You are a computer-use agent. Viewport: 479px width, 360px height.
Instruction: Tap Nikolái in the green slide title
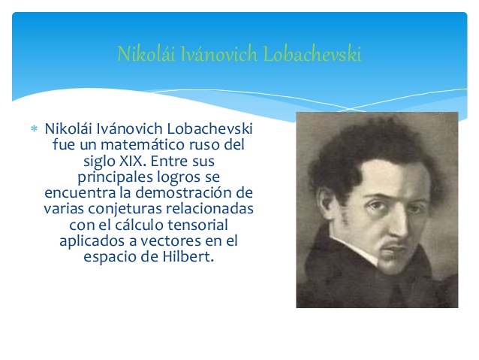[146, 54]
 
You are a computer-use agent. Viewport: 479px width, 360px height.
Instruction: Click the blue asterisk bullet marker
[34, 129]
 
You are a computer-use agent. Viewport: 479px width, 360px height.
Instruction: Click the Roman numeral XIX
[131, 161]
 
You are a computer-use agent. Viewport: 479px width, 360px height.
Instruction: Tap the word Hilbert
[188, 256]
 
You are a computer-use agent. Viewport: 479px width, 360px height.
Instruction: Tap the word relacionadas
[210, 209]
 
